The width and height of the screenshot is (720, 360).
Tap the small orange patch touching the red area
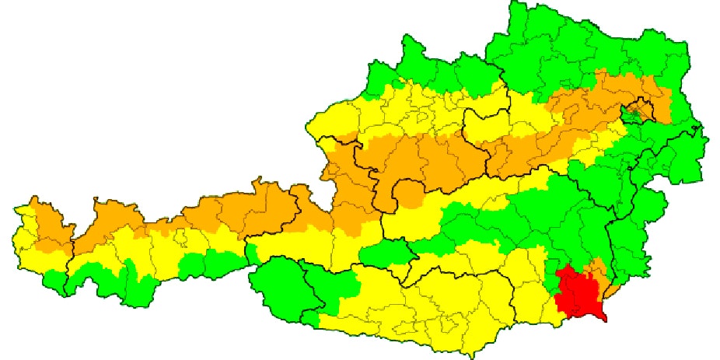pos(598,269)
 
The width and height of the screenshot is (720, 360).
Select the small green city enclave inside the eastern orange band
pos(636,114)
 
